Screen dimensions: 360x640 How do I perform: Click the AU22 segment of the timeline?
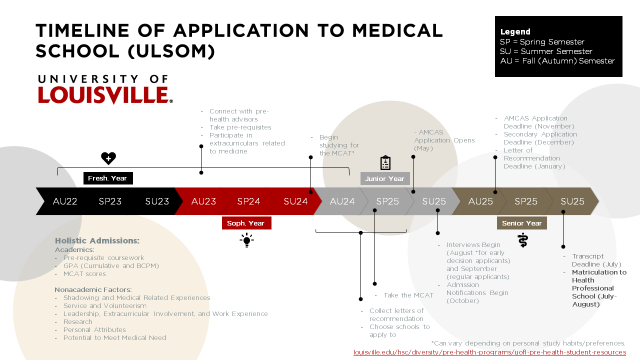(x=65, y=201)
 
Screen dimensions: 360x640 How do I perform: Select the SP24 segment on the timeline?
(x=248, y=201)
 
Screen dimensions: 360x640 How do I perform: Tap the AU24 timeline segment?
(x=342, y=201)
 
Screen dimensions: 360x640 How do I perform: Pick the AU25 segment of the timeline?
(x=480, y=201)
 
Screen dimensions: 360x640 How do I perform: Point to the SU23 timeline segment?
(x=157, y=201)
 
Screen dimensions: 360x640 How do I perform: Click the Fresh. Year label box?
(x=107, y=178)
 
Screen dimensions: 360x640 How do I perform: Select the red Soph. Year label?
(x=246, y=223)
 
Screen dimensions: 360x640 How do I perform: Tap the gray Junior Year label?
(x=384, y=178)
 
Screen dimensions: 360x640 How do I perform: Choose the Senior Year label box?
(x=521, y=223)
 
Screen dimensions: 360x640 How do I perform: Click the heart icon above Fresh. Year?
(x=108, y=158)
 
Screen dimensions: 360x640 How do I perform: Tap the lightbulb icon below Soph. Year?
(x=246, y=240)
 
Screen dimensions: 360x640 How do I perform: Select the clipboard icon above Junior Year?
(x=385, y=163)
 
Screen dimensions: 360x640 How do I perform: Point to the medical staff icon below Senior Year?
(x=522, y=240)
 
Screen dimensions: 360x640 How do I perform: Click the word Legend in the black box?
(x=515, y=32)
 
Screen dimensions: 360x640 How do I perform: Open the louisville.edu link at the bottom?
(x=489, y=352)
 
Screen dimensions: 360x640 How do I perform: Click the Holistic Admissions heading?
(x=97, y=240)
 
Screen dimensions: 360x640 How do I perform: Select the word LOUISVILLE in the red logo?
(x=103, y=95)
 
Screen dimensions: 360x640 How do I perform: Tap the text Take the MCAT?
(x=408, y=295)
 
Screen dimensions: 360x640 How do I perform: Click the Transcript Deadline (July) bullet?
(x=596, y=260)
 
